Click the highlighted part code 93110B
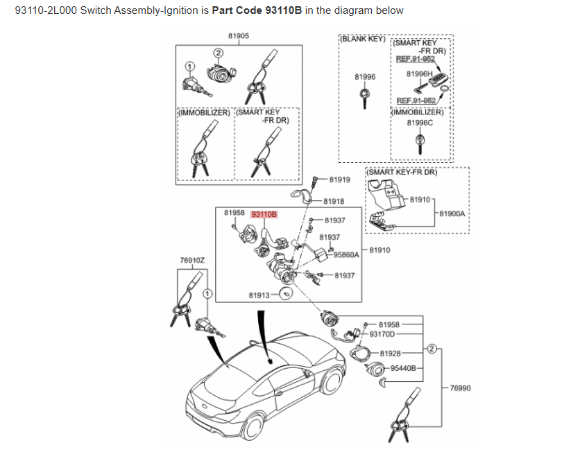pyautogui.click(x=264, y=214)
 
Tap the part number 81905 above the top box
pyautogui.click(x=239, y=35)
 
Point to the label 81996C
pyautogui.click(x=420, y=123)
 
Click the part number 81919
pyautogui.click(x=340, y=180)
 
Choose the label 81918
pyautogui.click(x=334, y=201)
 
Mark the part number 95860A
pyautogui.click(x=346, y=254)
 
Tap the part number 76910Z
pyautogui.click(x=192, y=260)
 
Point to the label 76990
pyautogui.click(x=460, y=388)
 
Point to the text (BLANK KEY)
pyautogui.click(x=363, y=39)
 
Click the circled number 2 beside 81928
pyautogui.click(x=431, y=349)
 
